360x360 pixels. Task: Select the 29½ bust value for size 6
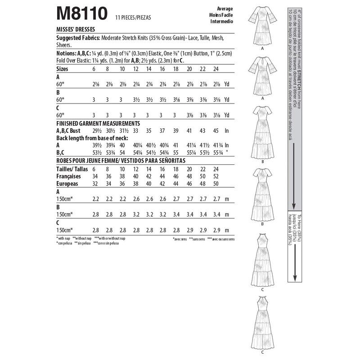click(x=94, y=130)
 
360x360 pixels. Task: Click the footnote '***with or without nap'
click(x=111, y=238)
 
